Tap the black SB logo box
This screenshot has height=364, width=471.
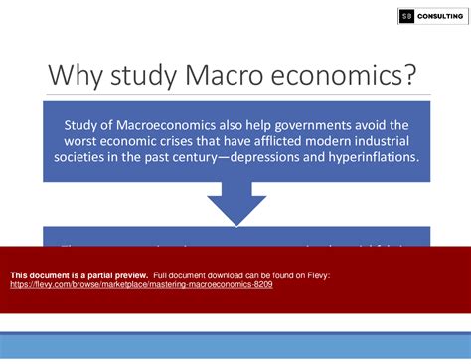click(406, 16)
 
